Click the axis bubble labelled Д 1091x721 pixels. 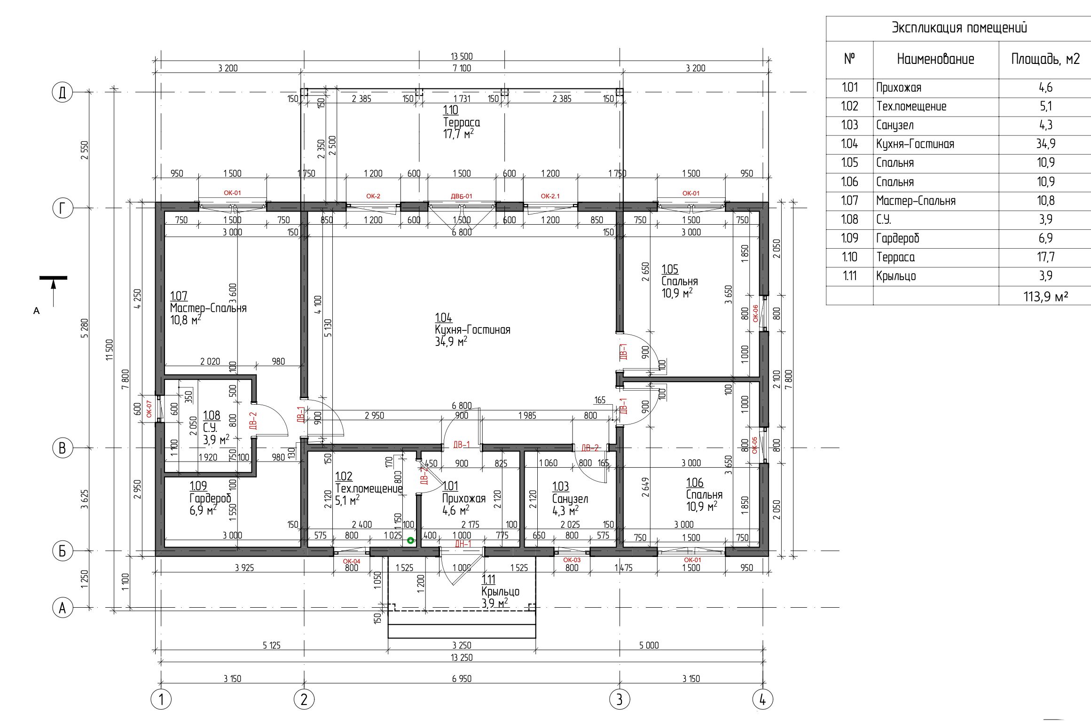63,93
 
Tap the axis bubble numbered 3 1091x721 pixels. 620,699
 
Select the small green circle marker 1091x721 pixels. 410,541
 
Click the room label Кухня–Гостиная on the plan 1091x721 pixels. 472,329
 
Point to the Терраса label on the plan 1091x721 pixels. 462,122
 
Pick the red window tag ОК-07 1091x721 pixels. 149,408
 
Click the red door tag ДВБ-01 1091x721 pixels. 462,196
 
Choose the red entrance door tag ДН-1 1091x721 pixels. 463,544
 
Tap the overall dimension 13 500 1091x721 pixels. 462,56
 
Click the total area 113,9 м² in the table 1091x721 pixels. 1045,297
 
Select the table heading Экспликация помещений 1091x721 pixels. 959,28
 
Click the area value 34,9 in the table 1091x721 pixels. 1045,144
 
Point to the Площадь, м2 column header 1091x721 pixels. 1045,59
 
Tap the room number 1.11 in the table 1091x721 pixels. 849,276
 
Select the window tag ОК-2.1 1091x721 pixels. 550,196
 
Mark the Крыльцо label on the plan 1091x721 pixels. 500,592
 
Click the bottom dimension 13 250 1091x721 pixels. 462,658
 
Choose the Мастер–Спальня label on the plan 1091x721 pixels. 208,308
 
